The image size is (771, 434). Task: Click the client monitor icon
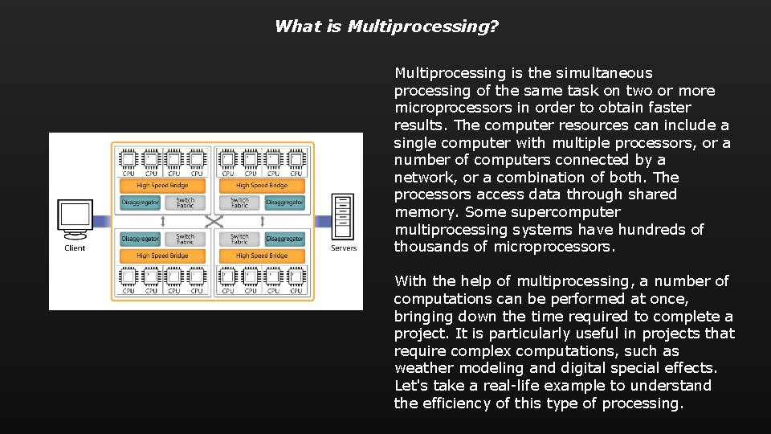[x=75, y=218]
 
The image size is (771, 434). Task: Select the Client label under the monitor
[x=75, y=248]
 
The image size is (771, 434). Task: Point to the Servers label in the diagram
[x=344, y=248]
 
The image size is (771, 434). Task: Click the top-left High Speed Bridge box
[x=162, y=186]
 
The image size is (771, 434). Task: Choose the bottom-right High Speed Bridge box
[x=262, y=256]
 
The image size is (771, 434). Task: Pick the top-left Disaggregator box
[x=140, y=203]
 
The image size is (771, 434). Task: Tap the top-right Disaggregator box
[x=284, y=203]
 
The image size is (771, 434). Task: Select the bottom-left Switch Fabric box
[x=186, y=239]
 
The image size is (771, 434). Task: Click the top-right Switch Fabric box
[x=239, y=203]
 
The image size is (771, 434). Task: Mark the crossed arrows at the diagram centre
[x=212, y=221]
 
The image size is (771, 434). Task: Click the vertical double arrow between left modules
[x=163, y=221]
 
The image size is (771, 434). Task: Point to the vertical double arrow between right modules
[x=262, y=221]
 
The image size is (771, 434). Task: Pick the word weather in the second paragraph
[x=418, y=368]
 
